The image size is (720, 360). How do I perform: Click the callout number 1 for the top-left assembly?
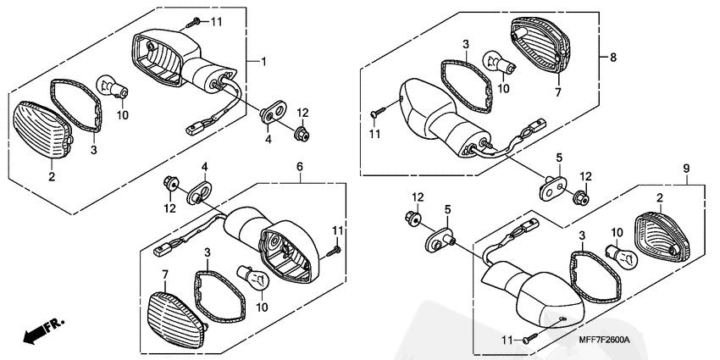pos(263,61)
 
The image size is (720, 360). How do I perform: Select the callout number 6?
pos(299,167)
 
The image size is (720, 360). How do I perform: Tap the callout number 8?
pos(613,58)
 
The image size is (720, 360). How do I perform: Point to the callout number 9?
pos(686,169)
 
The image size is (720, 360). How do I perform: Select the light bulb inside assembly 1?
pos(112,86)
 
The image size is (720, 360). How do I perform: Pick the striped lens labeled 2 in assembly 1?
pos(44,130)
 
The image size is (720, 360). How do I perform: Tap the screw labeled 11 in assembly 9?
pos(530,340)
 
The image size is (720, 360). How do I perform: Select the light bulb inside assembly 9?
pos(623,257)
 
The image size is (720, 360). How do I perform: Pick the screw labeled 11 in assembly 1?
pos(195,20)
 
